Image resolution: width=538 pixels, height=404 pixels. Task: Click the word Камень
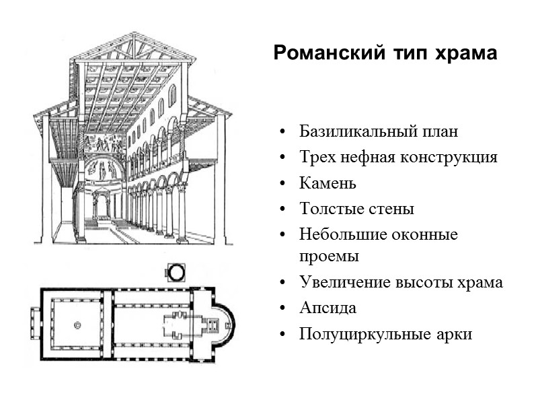point(328,183)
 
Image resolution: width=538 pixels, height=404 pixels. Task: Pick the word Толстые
point(329,209)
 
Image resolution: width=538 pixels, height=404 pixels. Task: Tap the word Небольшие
point(341,234)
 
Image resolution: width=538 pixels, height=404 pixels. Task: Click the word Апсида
point(328,308)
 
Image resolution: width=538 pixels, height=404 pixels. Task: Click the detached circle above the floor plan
point(176,273)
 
